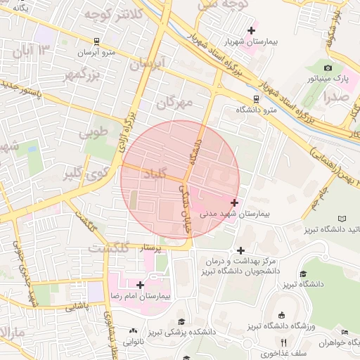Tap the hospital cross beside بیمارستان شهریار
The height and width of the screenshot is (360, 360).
click(x=251, y=30)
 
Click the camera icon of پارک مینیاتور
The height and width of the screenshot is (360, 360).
click(x=328, y=67)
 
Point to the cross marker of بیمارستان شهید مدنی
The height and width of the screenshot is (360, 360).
click(x=234, y=202)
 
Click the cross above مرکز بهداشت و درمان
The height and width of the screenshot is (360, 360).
click(x=240, y=250)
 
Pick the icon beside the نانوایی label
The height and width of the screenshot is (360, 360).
click(x=134, y=330)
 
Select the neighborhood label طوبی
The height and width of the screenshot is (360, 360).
click(x=93, y=131)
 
